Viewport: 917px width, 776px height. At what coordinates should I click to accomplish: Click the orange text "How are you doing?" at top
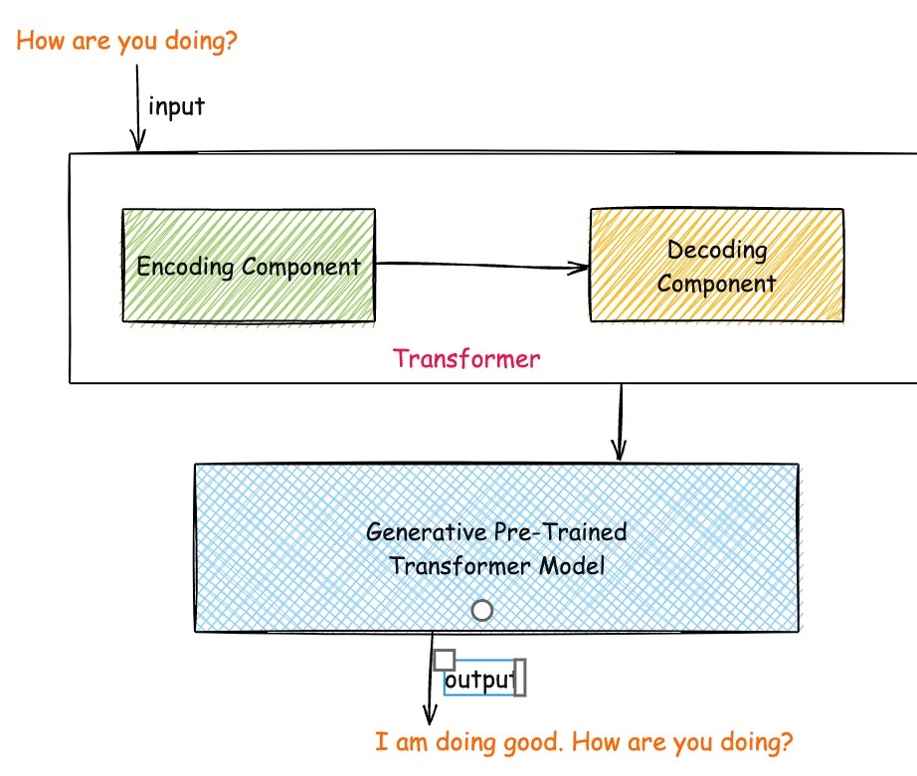(127, 41)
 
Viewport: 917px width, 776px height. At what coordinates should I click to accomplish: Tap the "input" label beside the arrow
(177, 106)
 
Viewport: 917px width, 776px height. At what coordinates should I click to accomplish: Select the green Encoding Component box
(249, 266)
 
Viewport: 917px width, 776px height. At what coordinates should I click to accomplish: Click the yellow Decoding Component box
(717, 265)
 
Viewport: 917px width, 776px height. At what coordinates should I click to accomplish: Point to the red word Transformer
(466, 358)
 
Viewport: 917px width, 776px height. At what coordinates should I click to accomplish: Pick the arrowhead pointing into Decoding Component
(579, 269)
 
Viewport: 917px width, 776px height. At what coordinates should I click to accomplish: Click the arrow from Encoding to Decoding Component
(482, 266)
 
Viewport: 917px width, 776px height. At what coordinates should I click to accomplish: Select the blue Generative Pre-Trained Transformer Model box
(496, 548)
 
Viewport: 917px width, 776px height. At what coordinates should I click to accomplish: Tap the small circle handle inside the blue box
(482, 611)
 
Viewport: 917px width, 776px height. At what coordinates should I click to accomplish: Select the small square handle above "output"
(445, 661)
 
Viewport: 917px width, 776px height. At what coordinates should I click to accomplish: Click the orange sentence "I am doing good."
(469, 742)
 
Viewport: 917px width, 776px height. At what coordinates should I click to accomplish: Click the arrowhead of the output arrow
(430, 717)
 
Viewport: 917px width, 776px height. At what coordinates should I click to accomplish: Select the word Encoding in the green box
(185, 268)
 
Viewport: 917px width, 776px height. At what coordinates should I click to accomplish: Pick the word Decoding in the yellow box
(717, 251)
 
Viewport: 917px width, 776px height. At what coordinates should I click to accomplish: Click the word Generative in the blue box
(427, 532)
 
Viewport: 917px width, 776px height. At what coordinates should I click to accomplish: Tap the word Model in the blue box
(572, 566)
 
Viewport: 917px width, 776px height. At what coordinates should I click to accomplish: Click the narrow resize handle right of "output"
(520, 678)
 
